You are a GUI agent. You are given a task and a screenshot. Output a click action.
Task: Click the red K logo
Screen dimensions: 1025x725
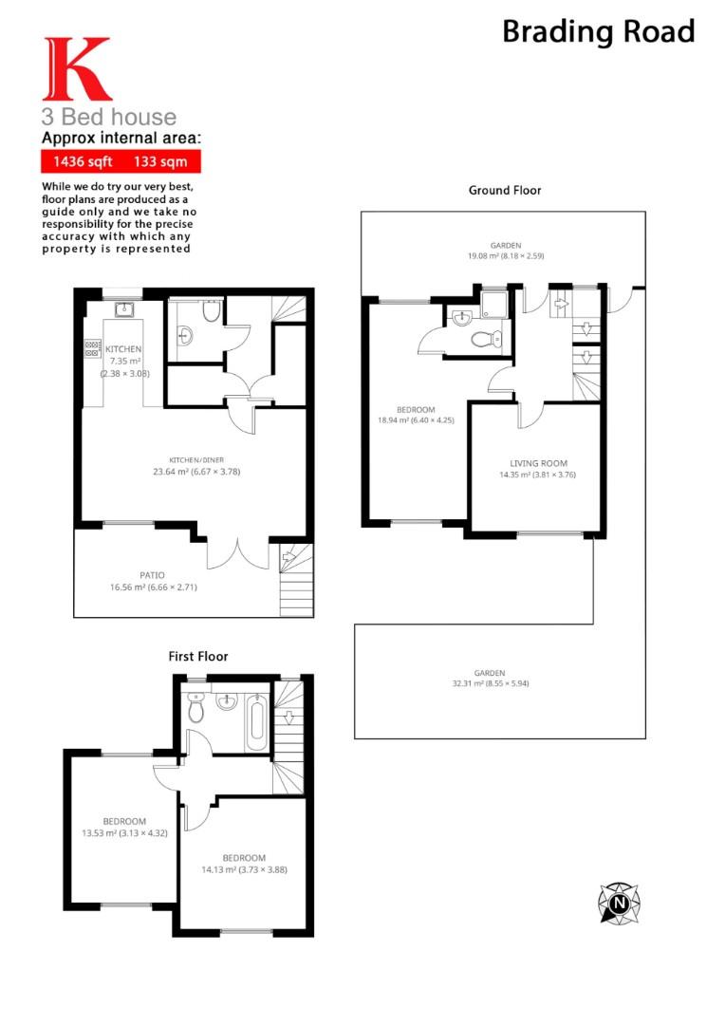pyautogui.click(x=76, y=69)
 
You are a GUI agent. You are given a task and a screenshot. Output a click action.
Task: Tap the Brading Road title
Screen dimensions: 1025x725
pyautogui.click(x=598, y=31)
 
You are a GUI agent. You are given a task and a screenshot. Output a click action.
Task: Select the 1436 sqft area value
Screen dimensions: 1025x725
pyautogui.click(x=82, y=161)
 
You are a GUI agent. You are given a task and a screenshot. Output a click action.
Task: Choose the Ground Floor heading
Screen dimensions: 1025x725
pyautogui.click(x=505, y=190)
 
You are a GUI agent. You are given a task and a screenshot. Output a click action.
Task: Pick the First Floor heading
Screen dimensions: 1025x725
pyautogui.click(x=198, y=656)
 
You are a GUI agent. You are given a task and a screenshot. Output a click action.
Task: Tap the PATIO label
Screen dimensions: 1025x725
pyautogui.click(x=152, y=575)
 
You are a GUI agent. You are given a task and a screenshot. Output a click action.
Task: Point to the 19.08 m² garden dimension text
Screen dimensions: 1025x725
pyautogui.click(x=504, y=255)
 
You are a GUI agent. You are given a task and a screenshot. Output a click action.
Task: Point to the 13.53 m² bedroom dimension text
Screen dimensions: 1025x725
pyautogui.click(x=124, y=833)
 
